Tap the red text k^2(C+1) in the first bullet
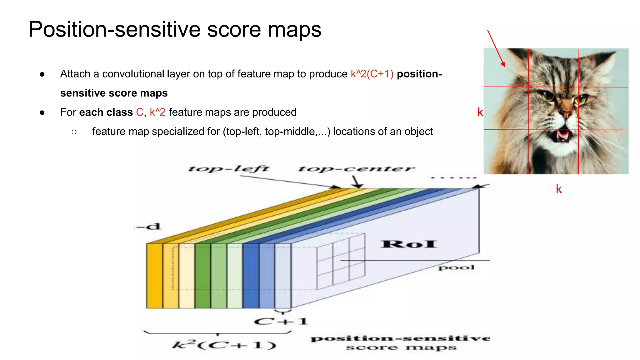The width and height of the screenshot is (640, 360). (372, 74)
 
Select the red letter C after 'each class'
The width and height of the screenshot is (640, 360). (140, 112)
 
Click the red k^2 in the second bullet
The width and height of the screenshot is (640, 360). (157, 112)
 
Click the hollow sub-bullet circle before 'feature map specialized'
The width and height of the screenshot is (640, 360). (74, 132)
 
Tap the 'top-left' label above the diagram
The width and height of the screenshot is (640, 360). (228, 169)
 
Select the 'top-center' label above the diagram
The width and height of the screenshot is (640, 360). (356, 169)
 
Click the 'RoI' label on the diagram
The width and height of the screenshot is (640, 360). (409, 244)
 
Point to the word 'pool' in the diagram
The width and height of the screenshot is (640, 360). (457, 267)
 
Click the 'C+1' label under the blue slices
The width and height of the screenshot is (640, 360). (281, 322)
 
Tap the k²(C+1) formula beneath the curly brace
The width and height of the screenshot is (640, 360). (224, 345)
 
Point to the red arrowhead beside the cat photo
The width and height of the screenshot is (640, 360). (503, 64)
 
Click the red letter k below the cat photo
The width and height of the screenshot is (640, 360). (559, 189)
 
